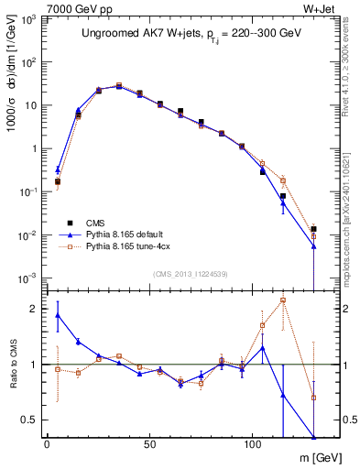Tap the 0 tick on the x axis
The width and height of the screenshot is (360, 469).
click(x=47, y=445)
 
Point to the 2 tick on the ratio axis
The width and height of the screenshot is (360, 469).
click(x=36, y=309)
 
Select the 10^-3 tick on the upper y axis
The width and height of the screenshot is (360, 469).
click(x=29, y=278)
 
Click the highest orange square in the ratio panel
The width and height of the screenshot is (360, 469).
click(x=283, y=300)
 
